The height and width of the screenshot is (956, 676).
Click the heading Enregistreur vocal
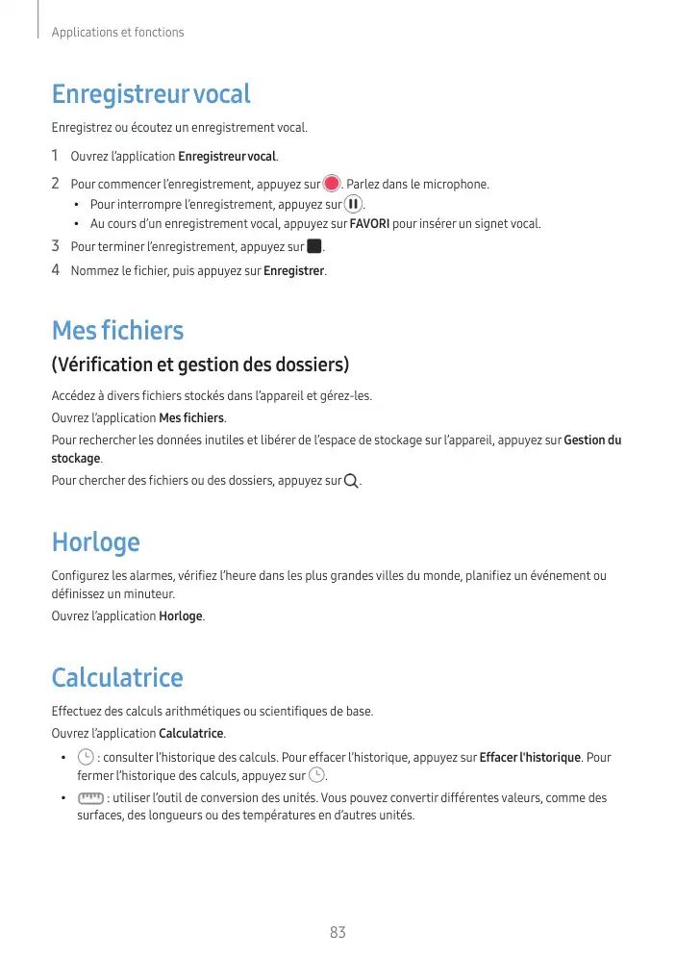[x=151, y=95]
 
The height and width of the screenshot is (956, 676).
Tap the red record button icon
[x=332, y=184]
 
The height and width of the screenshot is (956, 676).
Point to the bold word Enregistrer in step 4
[x=294, y=270]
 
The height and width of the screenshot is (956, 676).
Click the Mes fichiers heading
[x=117, y=331]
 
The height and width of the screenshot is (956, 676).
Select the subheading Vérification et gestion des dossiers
[x=199, y=365]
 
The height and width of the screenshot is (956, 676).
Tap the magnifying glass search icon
[x=351, y=481]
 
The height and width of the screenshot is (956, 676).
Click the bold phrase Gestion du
[x=592, y=440]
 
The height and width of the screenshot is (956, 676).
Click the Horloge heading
[x=95, y=542]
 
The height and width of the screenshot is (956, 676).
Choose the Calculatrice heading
[x=117, y=678]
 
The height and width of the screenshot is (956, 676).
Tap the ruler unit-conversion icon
[x=91, y=798]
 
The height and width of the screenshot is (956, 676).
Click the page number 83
[x=338, y=932]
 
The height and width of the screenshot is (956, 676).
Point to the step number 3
[x=55, y=247]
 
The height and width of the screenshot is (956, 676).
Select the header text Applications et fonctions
[x=117, y=33]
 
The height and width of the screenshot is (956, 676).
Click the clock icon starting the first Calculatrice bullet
[x=86, y=758]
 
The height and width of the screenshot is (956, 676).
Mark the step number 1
[x=55, y=156]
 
